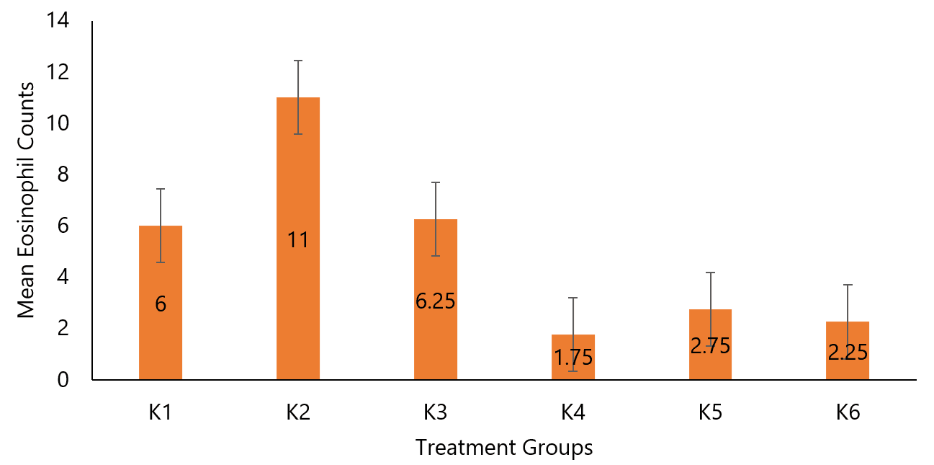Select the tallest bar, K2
tap(297, 180)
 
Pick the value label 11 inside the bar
tap(297, 240)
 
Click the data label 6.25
tap(435, 301)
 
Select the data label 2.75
tap(710, 345)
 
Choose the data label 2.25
tap(848, 353)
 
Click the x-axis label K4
tap(573, 413)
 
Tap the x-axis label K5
tap(710, 413)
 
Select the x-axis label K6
tap(848, 413)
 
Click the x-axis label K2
tap(297, 413)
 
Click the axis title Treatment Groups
tap(504, 448)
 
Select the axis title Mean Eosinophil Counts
tap(26, 200)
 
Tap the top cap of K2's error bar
tap(297, 61)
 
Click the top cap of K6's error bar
tap(848, 285)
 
